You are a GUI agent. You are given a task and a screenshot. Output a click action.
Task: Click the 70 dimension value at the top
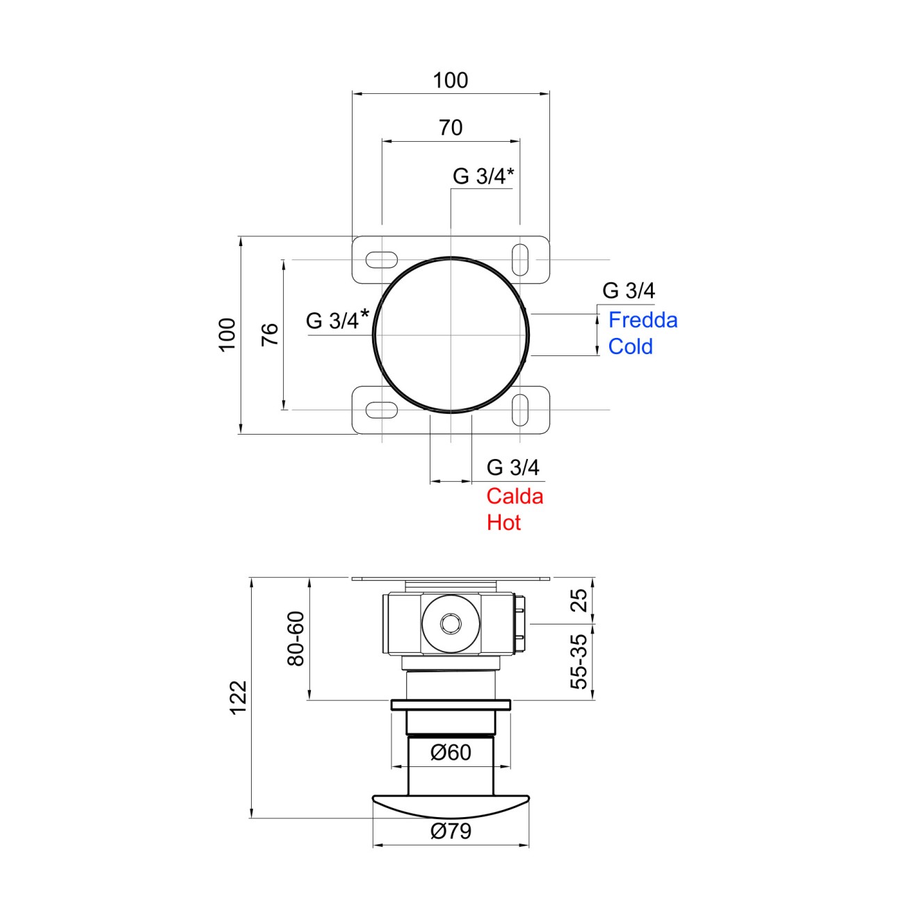(x=451, y=127)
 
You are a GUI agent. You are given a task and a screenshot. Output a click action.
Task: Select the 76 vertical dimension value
(x=271, y=334)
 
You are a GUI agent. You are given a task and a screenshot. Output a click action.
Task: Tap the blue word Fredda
(x=643, y=321)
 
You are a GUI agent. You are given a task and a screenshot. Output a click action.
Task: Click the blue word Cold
(x=631, y=347)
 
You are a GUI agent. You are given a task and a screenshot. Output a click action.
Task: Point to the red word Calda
(x=515, y=497)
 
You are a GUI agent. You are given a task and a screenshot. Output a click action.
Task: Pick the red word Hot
(x=504, y=523)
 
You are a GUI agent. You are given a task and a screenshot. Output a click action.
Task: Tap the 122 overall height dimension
(x=239, y=697)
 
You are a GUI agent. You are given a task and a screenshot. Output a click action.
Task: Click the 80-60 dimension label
(x=296, y=639)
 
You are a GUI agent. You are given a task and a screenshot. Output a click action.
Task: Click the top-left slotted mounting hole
(x=381, y=259)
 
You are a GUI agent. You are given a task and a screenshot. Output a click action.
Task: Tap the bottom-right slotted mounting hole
(x=519, y=410)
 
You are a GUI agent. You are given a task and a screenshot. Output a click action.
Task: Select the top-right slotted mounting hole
(x=519, y=259)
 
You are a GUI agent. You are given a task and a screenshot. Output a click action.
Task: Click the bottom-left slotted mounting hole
(x=381, y=410)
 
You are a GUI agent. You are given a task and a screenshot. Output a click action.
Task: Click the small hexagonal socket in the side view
(x=451, y=624)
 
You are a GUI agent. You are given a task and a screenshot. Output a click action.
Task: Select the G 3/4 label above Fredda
(x=629, y=291)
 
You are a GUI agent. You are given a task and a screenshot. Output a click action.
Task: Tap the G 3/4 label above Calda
(x=512, y=468)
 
